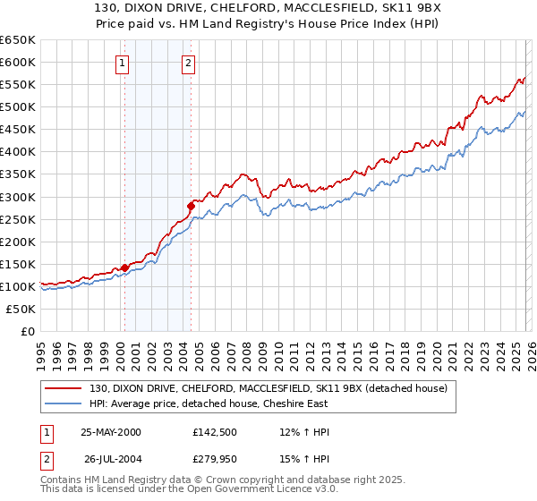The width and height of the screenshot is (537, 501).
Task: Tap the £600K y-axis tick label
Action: (x=17, y=62)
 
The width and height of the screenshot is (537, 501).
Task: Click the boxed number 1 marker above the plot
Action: (x=122, y=63)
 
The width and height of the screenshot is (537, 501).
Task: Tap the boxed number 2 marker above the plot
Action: (x=189, y=63)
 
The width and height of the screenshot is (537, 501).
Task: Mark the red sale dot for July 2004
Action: (x=191, y=206)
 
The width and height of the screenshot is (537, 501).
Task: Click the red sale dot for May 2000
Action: (x=124, y=267)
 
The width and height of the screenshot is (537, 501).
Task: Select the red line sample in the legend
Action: (x=64, y=387)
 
